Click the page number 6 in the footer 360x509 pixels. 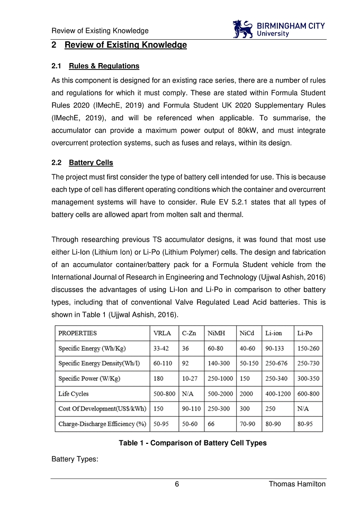(177, 484)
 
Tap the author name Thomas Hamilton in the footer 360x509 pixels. (297, 484)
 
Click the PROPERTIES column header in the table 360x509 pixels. (77, 334)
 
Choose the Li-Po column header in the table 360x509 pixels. (305, 334)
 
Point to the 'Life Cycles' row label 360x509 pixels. (74, 394)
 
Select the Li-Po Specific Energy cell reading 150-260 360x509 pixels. (308, 349)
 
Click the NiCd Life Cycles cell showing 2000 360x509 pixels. (246, 394)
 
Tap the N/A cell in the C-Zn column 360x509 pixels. (187, 394)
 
